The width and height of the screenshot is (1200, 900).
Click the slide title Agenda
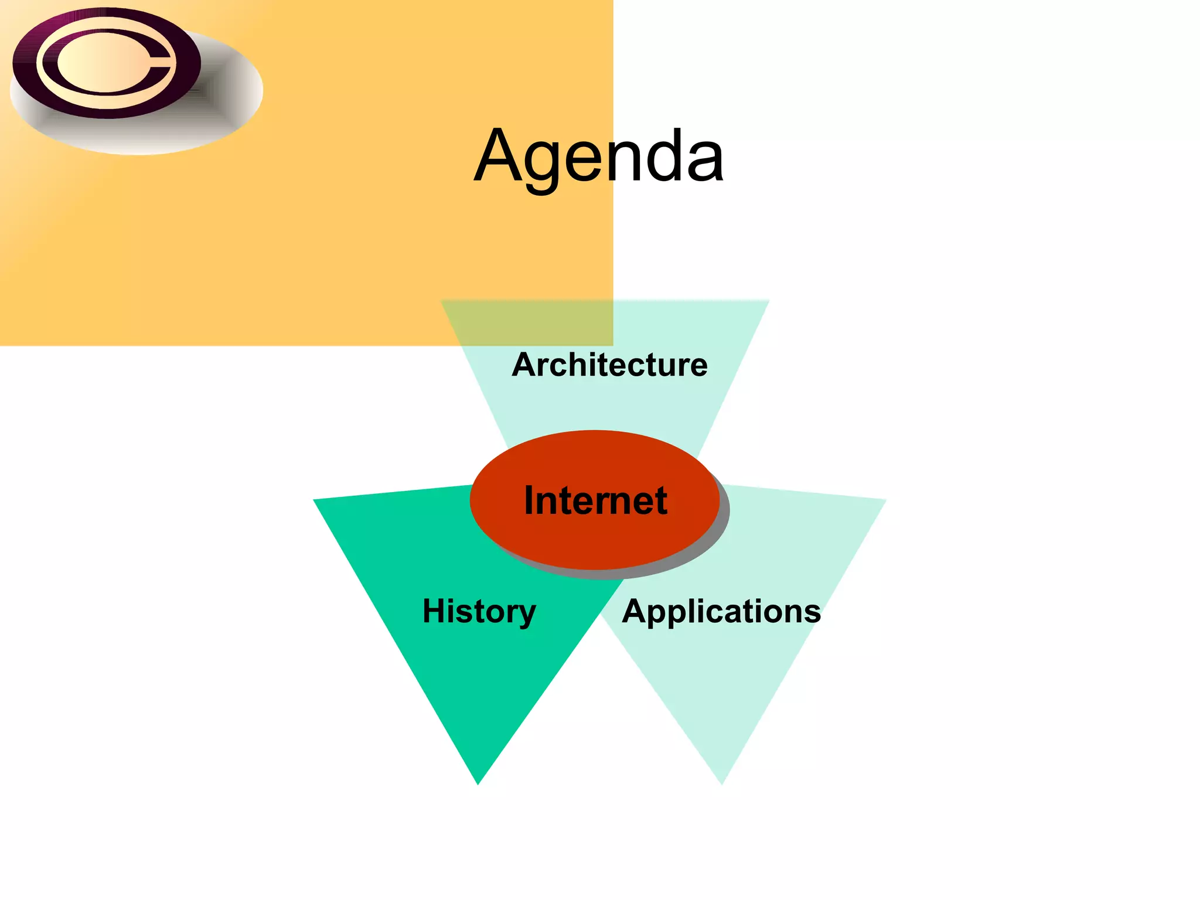[x=599, y=157]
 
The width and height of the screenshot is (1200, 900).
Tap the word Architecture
[x=609, y=365]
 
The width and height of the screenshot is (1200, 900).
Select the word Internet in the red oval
[x=595, y=500]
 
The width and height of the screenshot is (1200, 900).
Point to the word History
[x=479, y=612]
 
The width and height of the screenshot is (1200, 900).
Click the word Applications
[x=721, y=612]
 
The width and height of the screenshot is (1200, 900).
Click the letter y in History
[x=525, y=615]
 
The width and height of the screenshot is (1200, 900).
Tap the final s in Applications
[x=813, y=613]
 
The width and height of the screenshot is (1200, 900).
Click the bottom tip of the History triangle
[x=478, y=783]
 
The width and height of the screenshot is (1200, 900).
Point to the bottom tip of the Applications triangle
[x=722, y=783]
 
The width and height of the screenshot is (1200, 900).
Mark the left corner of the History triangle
[x=315, y=500]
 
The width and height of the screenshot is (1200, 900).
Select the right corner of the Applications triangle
[x=884, y=500]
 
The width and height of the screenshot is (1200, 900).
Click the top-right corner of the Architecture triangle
[x=768, y=301]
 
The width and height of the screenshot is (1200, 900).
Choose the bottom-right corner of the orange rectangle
[x=612, y=345]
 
